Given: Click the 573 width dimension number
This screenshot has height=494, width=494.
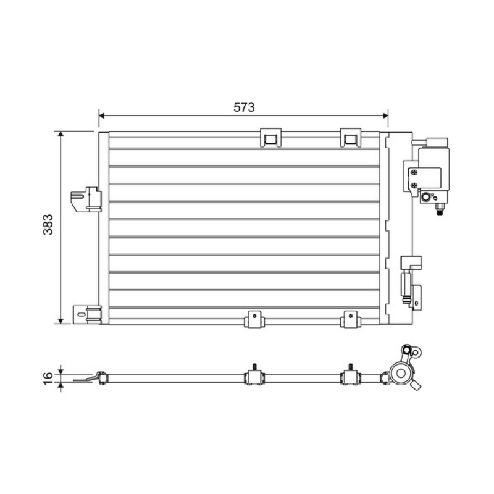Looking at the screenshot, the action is pyautogui.click(x=244, y=107).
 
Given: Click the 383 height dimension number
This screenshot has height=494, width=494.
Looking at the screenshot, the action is pyautogui.click(x=48, y=224).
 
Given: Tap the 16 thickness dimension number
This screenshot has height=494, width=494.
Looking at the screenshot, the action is pyautogui.click(x=48, y=378).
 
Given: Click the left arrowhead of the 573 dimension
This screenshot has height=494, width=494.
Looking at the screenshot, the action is pyautogui.click(x=101, y=115).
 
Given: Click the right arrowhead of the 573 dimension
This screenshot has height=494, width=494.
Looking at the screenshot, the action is pyautogui.click(x=385, y=115).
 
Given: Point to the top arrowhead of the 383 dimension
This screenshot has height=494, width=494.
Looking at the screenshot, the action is pyautogui.click(x=61, y=134).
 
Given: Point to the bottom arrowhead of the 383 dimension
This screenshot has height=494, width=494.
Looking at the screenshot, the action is pyautogui.click(x=61, y=321).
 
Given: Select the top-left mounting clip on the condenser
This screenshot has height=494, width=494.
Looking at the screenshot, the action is pyautogui.click(x=270, y=138).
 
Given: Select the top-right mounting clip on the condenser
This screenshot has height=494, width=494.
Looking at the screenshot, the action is pyautogui.click(x=350, y=138).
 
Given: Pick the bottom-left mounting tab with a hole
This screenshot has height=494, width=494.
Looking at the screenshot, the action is pyautogui.click(x=254, y=319).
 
